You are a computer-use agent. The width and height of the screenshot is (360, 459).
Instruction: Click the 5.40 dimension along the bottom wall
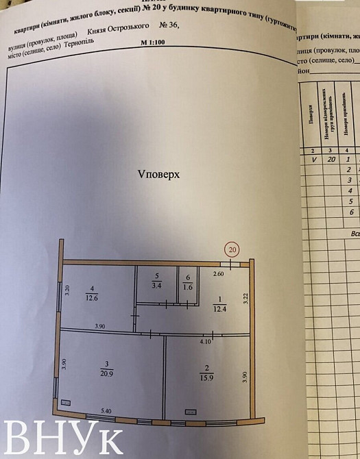tap(106, 410)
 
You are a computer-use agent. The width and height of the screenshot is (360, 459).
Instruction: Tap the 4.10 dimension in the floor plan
tap(206, 340)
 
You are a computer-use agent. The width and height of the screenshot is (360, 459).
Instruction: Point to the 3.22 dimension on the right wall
tap(245, 298)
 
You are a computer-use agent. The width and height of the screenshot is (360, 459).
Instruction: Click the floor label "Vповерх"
tap(158, 174)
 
